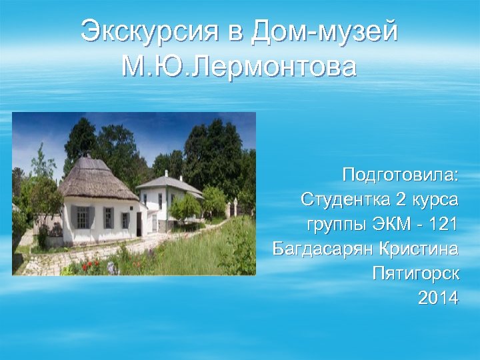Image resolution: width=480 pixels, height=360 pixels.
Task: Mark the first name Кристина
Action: tap(418, 249)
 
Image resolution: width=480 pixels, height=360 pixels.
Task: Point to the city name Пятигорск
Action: tap(415, 273)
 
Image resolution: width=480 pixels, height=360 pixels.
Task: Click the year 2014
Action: tap(438, 298)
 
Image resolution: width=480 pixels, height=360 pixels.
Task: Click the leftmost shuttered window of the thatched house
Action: tap(83, 217)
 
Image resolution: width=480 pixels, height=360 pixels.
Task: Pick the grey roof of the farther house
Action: tap(170, 183)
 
